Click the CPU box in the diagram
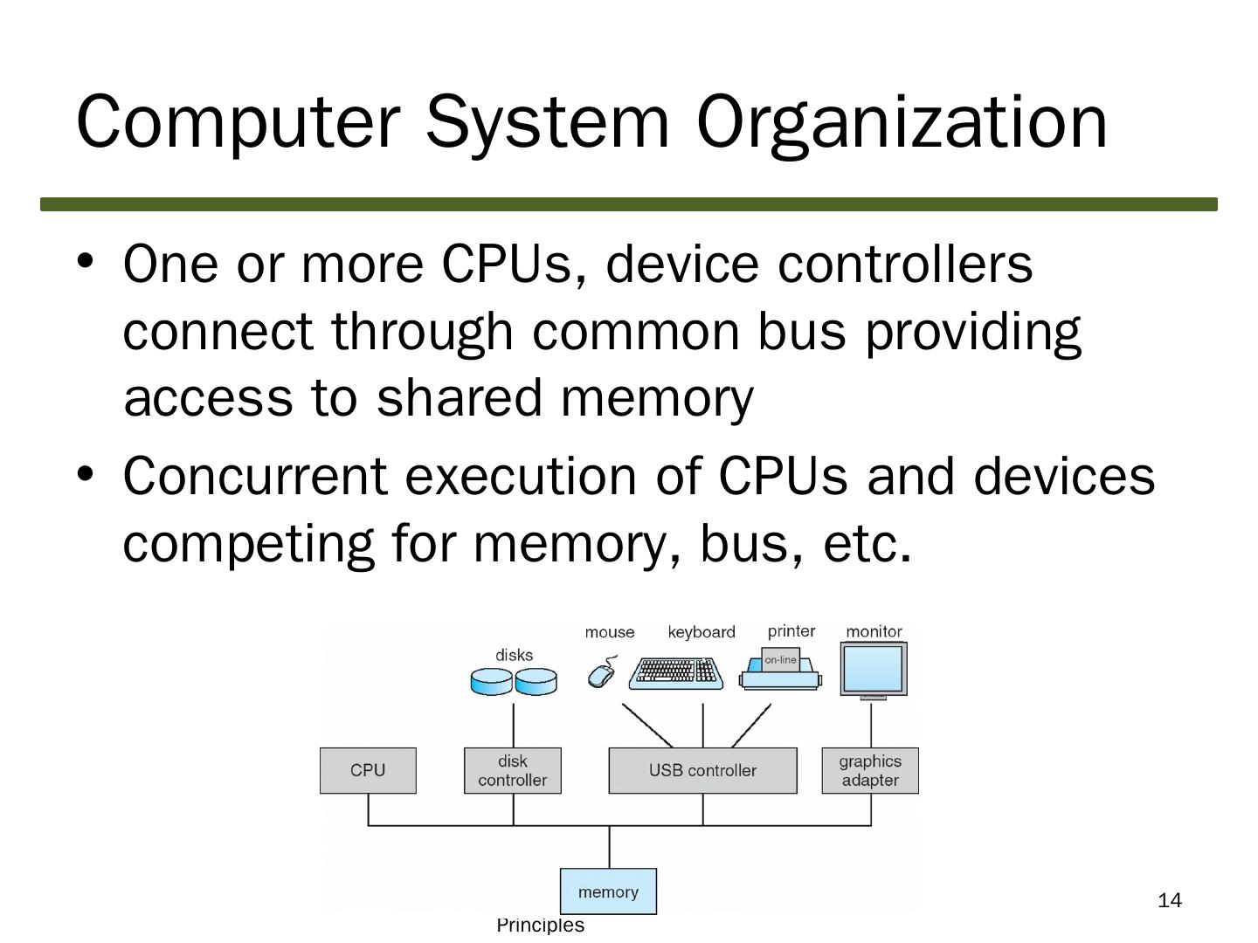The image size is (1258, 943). click(368, 770)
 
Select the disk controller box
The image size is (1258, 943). click(513, 770)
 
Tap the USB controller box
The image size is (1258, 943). click(702, 770)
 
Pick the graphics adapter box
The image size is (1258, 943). click(870, 770)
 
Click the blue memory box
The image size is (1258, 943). click(608, 891)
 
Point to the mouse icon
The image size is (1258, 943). click(602, 673)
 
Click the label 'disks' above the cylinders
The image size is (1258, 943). click(514, 655)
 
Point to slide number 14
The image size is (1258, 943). click(1170, 900)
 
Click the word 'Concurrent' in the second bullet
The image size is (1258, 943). click(254, 477)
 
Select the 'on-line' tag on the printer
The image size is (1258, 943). click(780, 660)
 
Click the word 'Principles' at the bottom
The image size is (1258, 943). click(540, 926)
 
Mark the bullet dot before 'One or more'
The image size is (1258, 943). click(85, 260)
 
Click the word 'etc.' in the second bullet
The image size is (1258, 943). click(867, 543)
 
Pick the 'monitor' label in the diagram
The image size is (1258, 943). click(874, 631)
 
